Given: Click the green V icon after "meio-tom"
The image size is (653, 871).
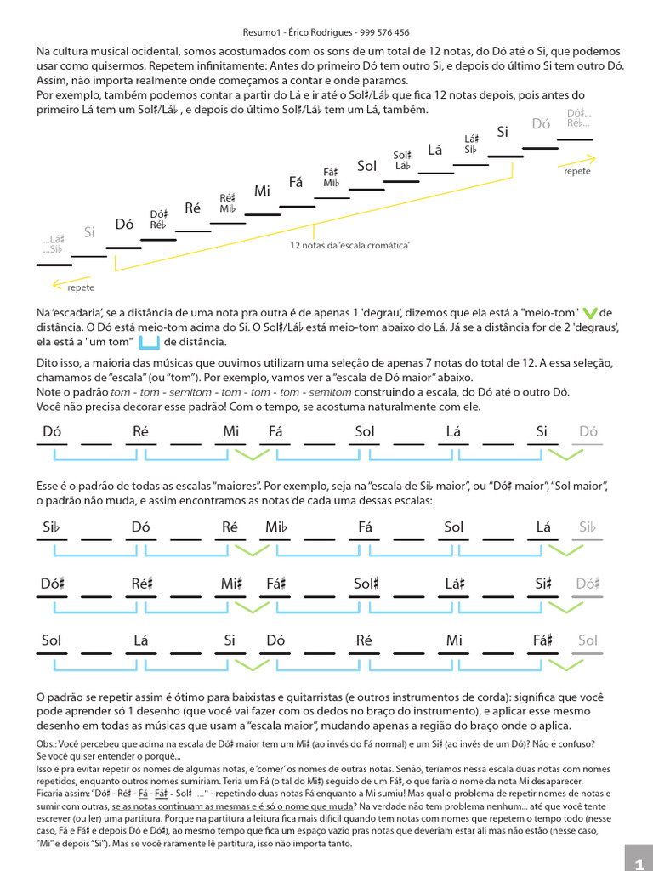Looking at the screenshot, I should click(592, 312).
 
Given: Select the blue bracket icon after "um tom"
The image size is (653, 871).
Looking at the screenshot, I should click(149, 342).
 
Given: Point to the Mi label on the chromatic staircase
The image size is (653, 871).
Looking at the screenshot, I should click(262, 191).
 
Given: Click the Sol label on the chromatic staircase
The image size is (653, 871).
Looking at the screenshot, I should click(366, 166).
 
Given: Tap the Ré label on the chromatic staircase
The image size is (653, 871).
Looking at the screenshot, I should click(192, 208).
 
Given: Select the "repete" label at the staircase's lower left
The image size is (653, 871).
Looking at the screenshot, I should click(81, 287).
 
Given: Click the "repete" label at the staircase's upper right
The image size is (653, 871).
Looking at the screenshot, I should click(577, 171).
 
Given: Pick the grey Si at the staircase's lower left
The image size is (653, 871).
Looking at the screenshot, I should click(89, 231).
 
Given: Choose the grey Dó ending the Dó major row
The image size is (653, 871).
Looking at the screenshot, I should click(588, 431).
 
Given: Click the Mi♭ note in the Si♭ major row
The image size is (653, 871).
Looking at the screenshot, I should click(277, 527).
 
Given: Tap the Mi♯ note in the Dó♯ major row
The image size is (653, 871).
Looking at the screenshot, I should click(233, 584).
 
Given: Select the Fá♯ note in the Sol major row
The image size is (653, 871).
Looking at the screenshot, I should click(543, 640).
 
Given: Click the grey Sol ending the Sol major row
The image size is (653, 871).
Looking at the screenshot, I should click(588, 640).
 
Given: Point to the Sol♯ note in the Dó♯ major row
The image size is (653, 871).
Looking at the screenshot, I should click(366, 584).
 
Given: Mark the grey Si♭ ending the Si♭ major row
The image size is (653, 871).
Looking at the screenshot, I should click(588, 527).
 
